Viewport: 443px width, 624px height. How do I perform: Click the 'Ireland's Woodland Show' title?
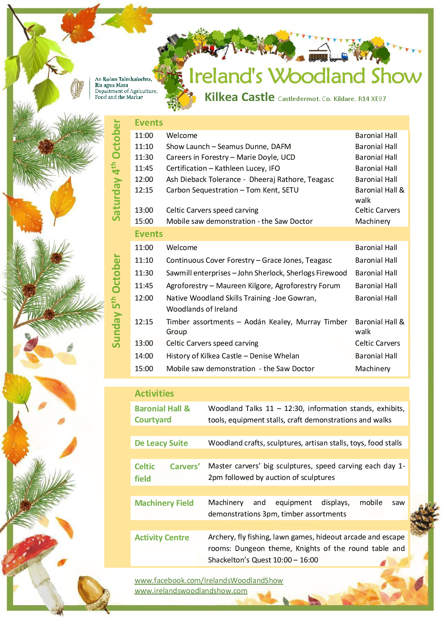(305, 76)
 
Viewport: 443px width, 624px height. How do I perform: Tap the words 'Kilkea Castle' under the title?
(239, 97)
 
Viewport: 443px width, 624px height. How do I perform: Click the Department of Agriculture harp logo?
(77, 88)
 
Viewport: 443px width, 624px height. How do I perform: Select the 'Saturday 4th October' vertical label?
(117, 170)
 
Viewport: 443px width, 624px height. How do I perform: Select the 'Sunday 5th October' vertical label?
(117, 301)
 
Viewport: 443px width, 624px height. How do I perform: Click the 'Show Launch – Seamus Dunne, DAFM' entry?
(228, 147)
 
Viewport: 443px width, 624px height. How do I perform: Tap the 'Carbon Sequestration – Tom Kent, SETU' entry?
(232, 190)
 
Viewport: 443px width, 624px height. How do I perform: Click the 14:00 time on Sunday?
(144, 356)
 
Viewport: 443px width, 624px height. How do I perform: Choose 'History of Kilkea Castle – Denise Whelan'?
(232, 356)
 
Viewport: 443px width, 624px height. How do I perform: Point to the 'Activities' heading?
(154, 393)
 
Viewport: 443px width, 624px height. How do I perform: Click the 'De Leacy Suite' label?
(161, 443)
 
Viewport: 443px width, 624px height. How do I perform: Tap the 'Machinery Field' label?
(164, 503)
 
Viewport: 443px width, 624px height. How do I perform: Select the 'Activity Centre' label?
(162, 537)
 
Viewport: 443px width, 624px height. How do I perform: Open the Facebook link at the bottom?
(209, 580)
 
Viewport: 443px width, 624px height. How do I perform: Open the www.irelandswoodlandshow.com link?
(191, 591)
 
